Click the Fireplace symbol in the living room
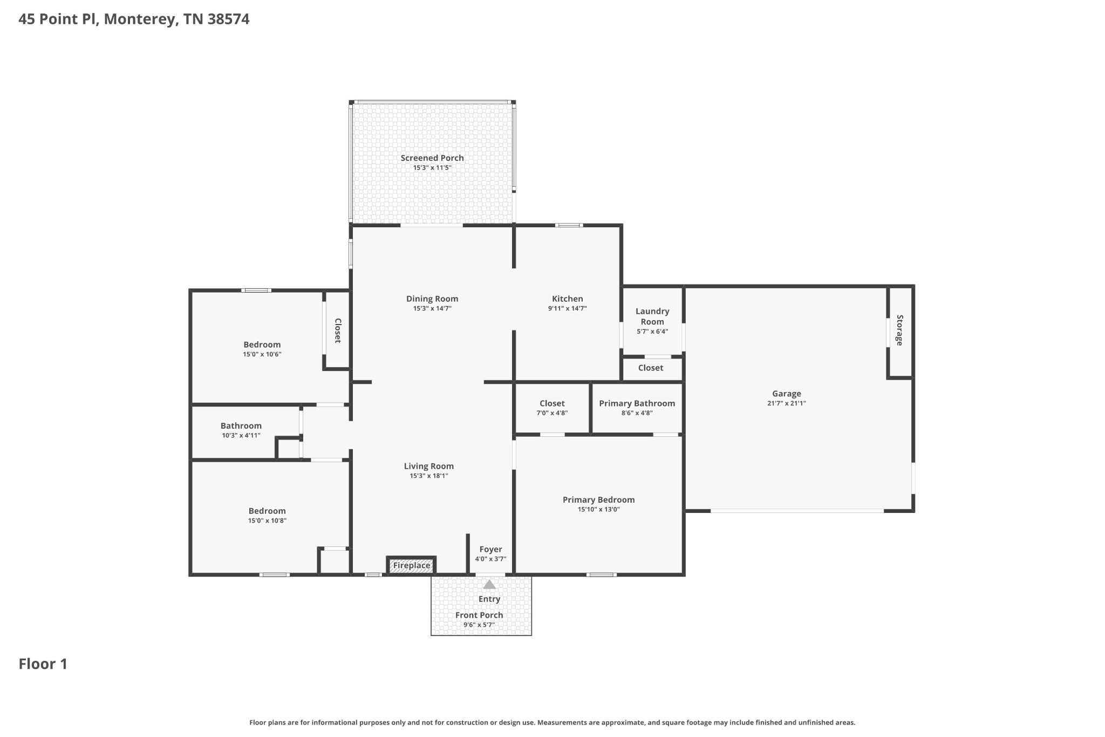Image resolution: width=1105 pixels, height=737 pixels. click(x=411, y=565)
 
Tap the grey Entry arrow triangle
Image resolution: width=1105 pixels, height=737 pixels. click(x=489, y=584)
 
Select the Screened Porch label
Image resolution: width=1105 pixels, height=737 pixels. click(x=432, y=158)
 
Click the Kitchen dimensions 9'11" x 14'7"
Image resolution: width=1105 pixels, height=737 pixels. click(x=567, y=309)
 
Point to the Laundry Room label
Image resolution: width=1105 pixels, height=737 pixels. click(x=652, y=316)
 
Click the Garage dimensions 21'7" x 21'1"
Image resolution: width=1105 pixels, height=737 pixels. click(x=786, y=403)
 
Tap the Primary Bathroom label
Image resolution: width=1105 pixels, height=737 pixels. click(x=637, y=403)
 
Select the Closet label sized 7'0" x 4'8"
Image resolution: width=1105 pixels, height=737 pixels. click(x=552, y=403)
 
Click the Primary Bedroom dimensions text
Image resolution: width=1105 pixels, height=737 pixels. click(x=598, y=510)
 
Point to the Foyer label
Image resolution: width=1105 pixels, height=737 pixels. click(x=490, y=550)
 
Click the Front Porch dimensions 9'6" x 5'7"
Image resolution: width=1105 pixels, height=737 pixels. click(x=479, y=625)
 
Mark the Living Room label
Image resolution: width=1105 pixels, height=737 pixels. click(x=429, y=466)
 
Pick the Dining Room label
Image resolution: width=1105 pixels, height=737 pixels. click(x=432, y=299)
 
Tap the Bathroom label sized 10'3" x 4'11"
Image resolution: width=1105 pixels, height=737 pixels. click(x=241, y=426)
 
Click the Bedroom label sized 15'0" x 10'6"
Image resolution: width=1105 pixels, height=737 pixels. click(x=262, y=345)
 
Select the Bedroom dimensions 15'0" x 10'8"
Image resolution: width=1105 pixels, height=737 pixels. click(x=267, y=521)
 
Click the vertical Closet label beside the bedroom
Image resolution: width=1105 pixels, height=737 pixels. click(x=338, y=330)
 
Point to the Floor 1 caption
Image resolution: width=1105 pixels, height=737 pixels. click(x=43, y=664)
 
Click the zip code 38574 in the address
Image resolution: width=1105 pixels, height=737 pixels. click(x=229, y=19)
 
